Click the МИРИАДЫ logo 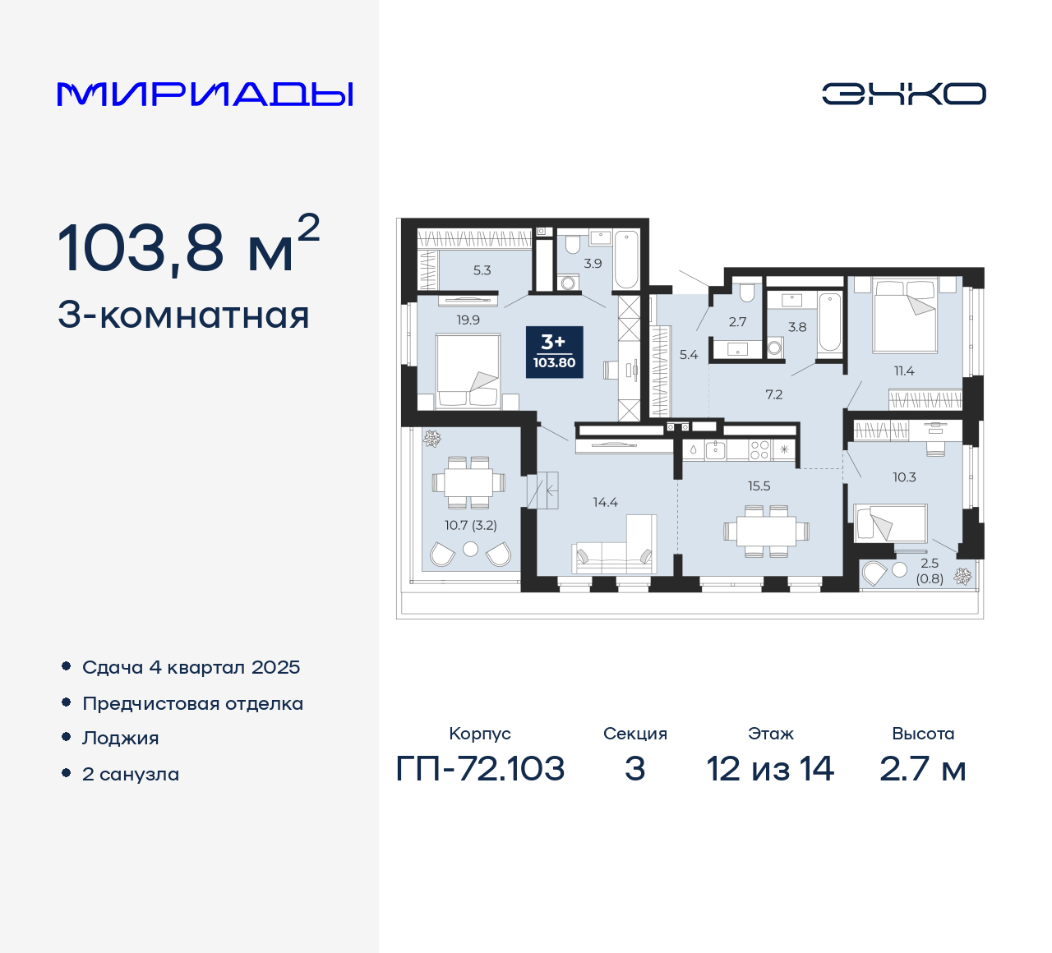[x=205, y=94]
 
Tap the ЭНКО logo [x=903, y=94]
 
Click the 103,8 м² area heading [x=188, y=246]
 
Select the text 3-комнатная [x=183, y=315]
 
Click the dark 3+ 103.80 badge [x=554, y=352]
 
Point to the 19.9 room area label [x=468, y=320]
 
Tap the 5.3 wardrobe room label [x=482, y=270]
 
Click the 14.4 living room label [x=605, y=502]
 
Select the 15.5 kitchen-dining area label [x=759, y=486]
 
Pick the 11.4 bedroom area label [x=904, y=371]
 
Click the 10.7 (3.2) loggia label [x=471, y=525]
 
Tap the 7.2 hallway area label [x=773, y=395]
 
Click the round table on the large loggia [x=470, y=549]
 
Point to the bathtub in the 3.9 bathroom [x=625, y=259]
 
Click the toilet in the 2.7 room [x=746, y=293]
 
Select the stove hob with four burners [x=759, y=449]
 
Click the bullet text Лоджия [x=121, y=738]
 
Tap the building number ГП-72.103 [x=480, y=769]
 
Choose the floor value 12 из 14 [x=770, y=769]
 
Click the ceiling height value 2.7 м [x=922, y=769]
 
